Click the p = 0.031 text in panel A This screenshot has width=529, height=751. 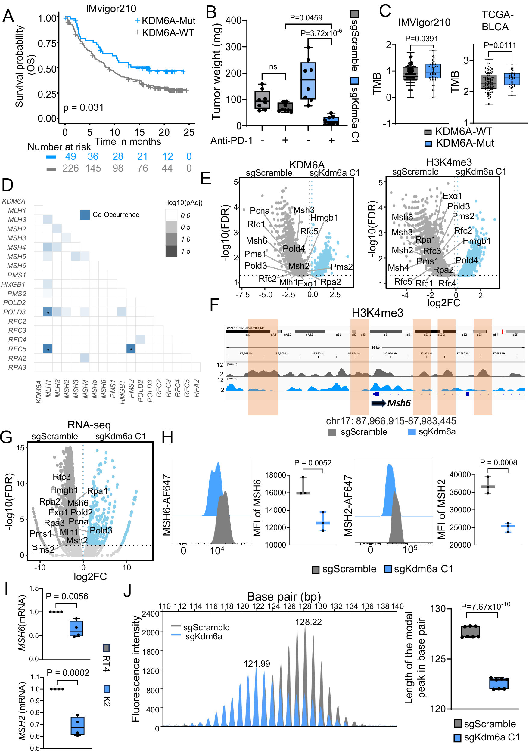tap(83, 108)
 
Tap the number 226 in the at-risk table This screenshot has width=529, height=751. tap(70, 168)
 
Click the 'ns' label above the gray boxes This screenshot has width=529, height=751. tap(273, 67)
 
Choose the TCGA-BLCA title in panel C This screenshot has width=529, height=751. tap(496, 20)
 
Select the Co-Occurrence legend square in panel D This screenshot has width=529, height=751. tap(85, 215)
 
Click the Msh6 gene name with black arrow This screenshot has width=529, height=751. tap(398, 403)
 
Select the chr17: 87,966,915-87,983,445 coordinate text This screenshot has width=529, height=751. tap(391, 421)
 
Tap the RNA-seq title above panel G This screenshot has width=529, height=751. tap(89, 425)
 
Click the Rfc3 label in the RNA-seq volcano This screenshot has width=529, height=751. tap(61, 477)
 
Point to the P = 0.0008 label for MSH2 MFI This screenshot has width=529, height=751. tap(498, 462)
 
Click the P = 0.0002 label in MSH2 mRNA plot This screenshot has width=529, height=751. tap(68, 672)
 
